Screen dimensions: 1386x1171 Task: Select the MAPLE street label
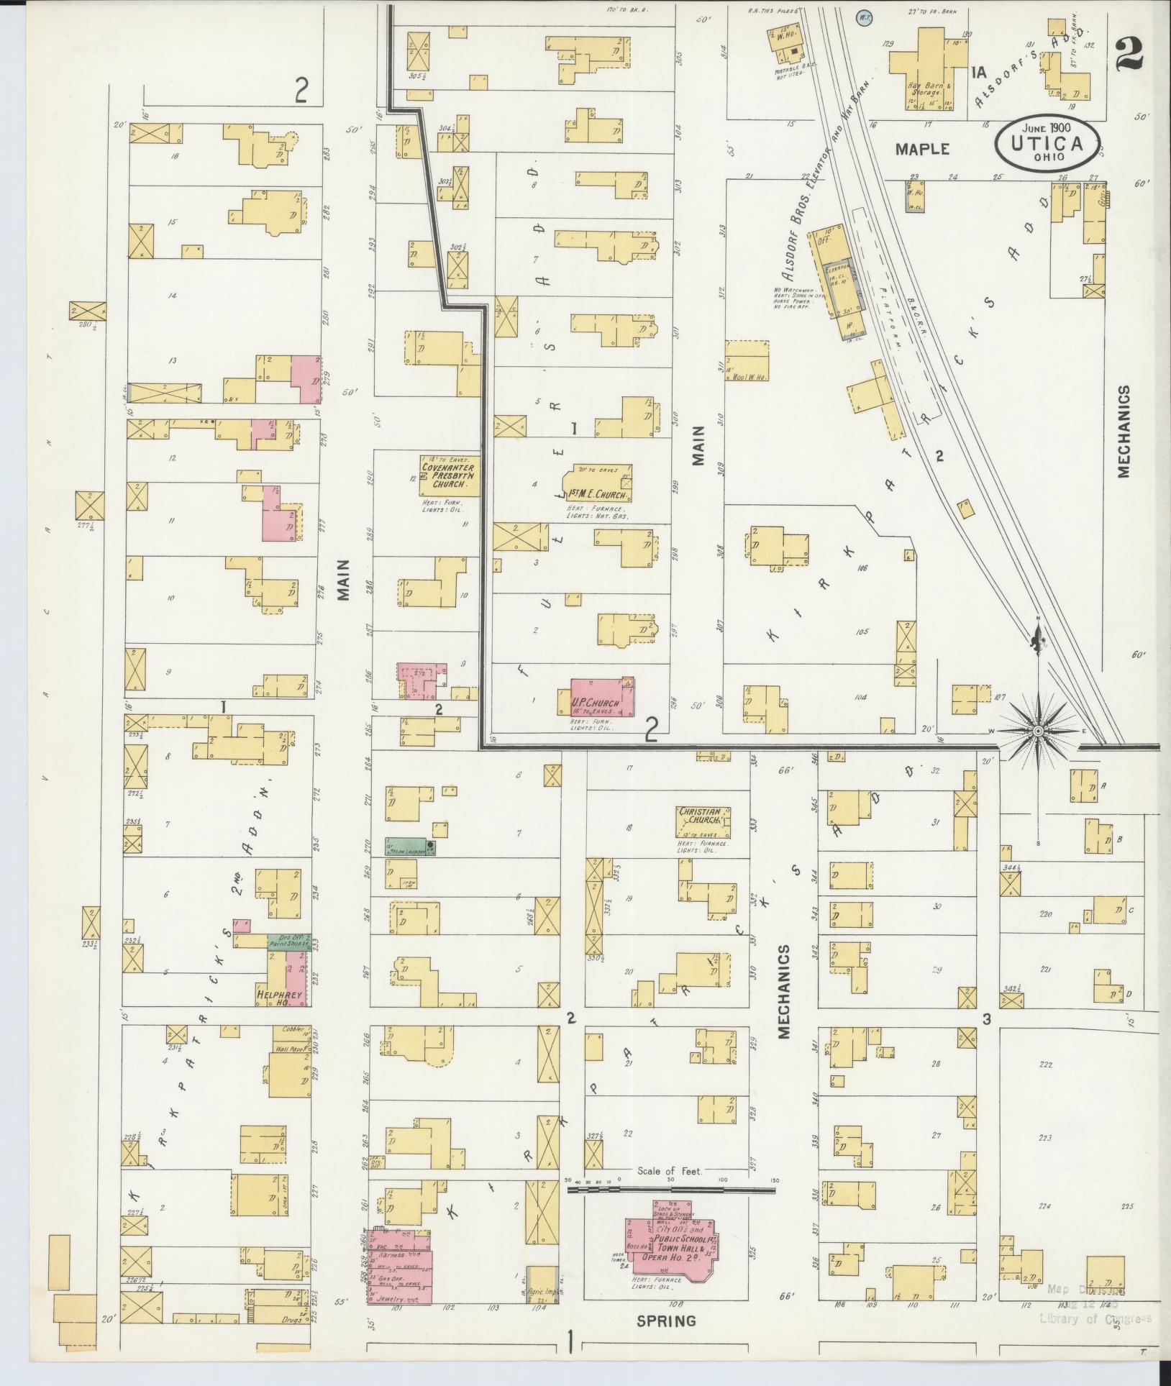click(922, 149)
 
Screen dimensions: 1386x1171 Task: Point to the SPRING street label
click(666, 1321)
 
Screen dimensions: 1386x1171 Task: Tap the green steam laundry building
click(411, 847)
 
